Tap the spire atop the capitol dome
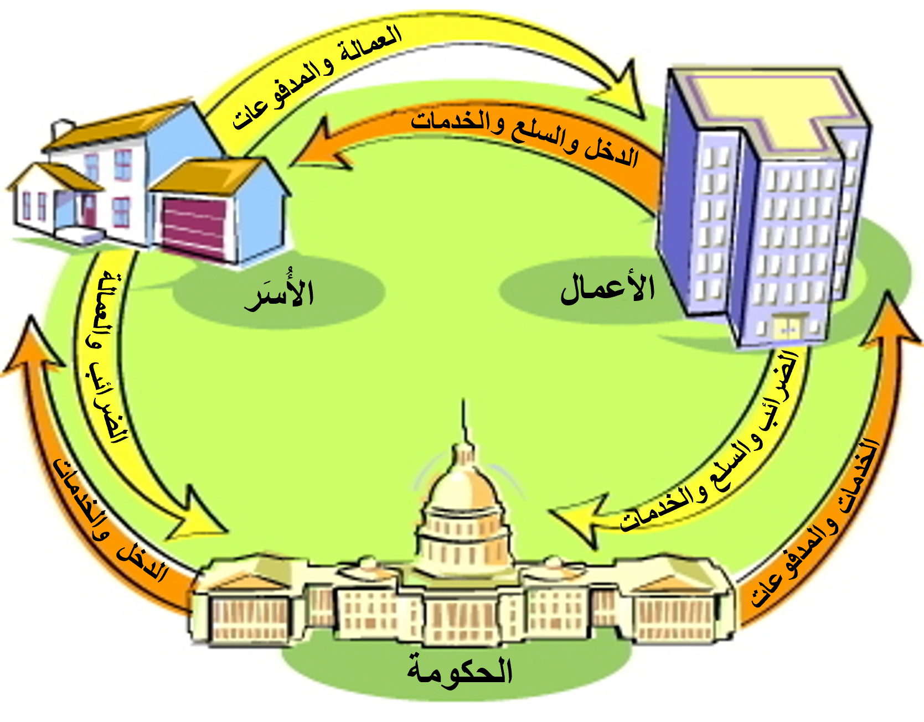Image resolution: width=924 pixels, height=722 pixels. point(464,420)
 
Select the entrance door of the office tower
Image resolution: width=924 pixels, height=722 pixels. point(788,328)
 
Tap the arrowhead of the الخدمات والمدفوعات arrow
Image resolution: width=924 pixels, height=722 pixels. point(889,321)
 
